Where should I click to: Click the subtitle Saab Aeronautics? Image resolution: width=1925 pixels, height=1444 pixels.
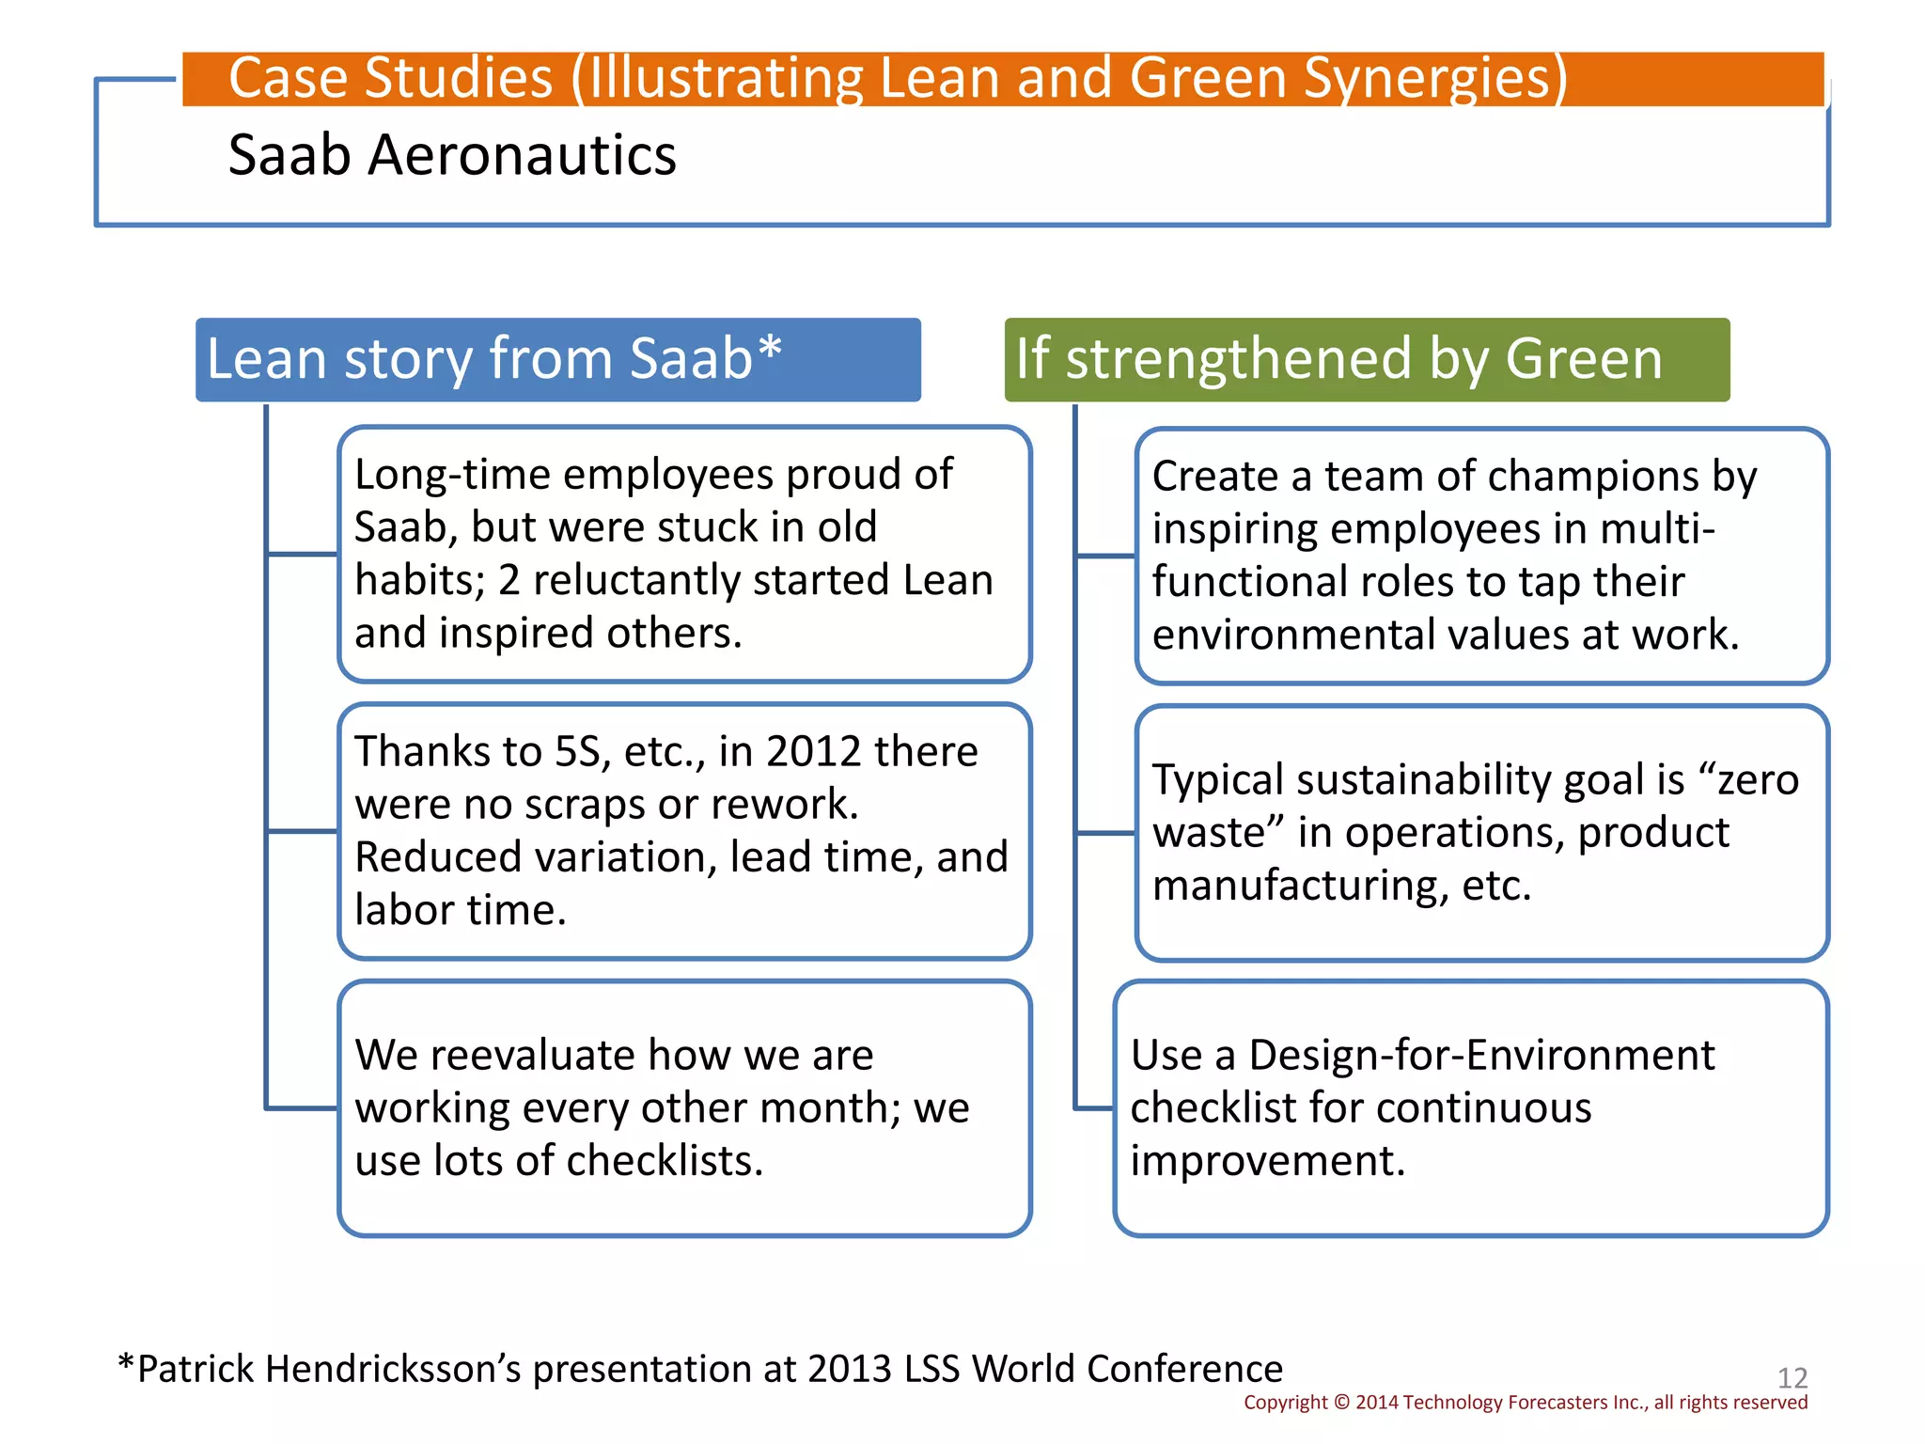click(451, 155)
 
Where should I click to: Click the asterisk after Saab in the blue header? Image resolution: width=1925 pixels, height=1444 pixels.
click(770, 348)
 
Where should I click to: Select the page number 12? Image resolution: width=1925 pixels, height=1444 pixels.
click(1792, 1378)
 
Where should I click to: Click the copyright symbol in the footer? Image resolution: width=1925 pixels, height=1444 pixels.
click(1341, 1403)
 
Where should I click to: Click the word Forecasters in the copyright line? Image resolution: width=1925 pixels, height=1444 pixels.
click(1557, 1403)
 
